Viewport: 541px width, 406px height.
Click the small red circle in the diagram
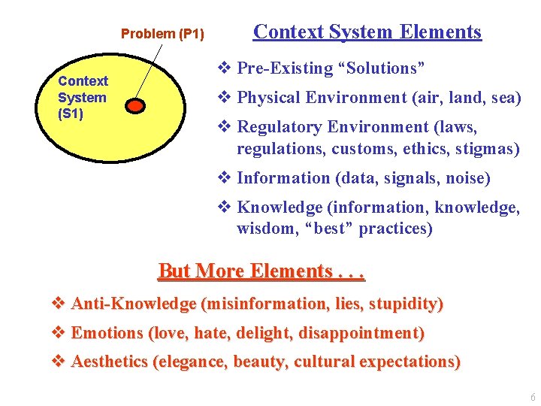coord(134,105)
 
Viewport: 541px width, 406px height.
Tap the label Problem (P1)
coord(162,34)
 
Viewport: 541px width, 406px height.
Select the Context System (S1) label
coord(83,97)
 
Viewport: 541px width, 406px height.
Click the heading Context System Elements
coord(367,32)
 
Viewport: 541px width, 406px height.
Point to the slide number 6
coord(533,398)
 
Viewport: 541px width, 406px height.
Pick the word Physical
coord(268,98)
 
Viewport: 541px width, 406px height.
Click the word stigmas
coord(483,149)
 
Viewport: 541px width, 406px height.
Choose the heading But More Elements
coord(261,271)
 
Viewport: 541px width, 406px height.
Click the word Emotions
coord(107,332)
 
